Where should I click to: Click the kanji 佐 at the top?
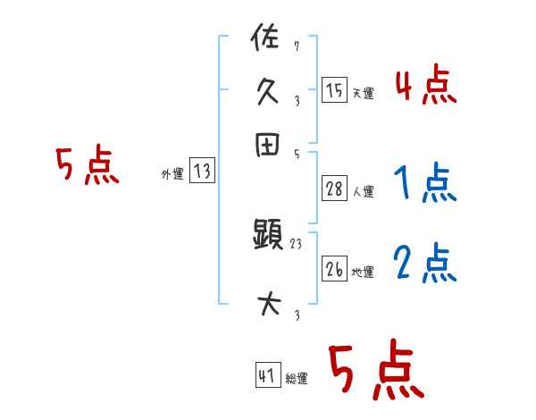267,39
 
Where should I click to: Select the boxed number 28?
333,189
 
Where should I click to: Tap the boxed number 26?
333,269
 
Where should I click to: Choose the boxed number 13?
202,172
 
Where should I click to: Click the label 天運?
362,93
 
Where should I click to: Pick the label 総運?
297,379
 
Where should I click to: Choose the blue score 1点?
425,184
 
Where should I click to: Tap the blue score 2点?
425,264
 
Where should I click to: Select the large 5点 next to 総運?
375,370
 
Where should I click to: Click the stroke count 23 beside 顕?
297,243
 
